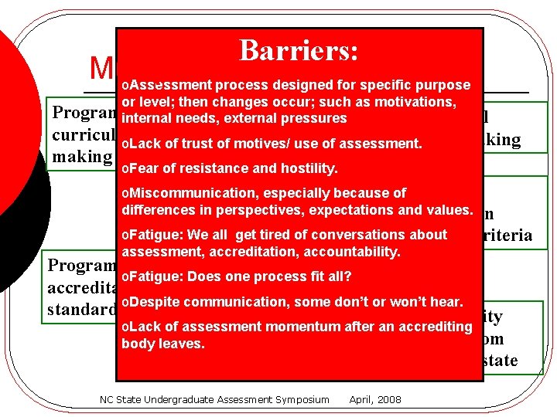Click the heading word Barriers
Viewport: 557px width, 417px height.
tap(299, 51)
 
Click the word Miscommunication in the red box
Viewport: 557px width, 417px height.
tap(186, 193)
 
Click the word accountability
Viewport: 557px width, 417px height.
tap(354, 252)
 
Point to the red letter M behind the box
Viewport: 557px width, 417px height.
tap(101, 69)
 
